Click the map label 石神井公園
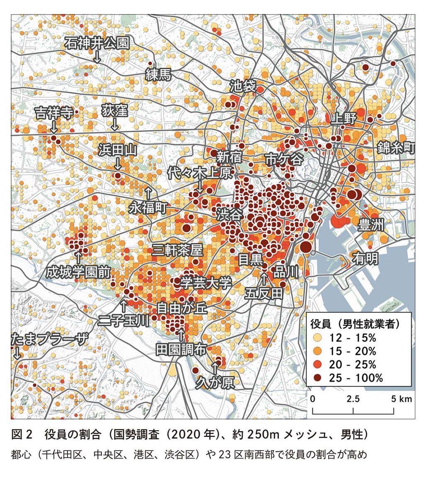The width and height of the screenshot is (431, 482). pyautogui.click(x=97, y=43)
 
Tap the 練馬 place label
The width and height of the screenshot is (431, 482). pyautogui.click(x=158, y=75)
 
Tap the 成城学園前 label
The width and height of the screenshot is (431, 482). pyautogui.click(x=78, y=272)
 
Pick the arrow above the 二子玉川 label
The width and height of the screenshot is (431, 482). pyautogui.click(x=123, y=306)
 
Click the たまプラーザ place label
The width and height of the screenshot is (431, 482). pyautogui.click(x=49, y=340)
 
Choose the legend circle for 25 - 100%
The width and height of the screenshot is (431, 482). pyautogui.click(x=317, y=377)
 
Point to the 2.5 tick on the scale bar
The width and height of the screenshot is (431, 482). pyautogui.click(x=353, y=399)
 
